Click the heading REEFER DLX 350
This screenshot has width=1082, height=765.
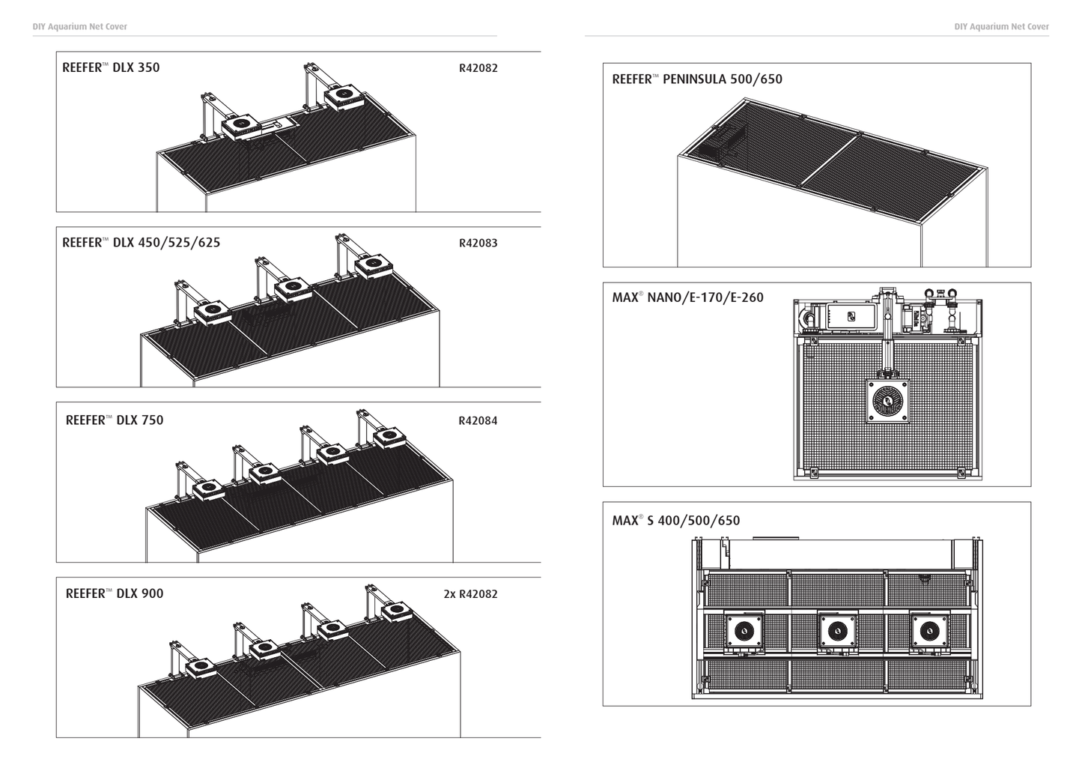click(x=111, y=67)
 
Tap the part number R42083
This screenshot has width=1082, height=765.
click(x=478, y=243)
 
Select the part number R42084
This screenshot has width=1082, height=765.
click(x=478, y=421)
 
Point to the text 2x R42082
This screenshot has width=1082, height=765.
click(x=470, y=594)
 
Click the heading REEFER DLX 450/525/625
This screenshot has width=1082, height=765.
click(x=141, y=243)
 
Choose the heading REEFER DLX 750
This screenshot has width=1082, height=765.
click(x=114, y=420)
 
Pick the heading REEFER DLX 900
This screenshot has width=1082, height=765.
click(x=114, y=594)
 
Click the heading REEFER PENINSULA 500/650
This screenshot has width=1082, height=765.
click(x=696, y=79)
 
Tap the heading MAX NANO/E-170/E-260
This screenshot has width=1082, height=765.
click(x=687, y=297)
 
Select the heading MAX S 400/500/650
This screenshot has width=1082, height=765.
click(x=675, y=521)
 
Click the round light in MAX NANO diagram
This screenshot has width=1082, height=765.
click(x=889, y=402)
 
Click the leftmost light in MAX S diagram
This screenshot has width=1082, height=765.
click(x=744, y=631)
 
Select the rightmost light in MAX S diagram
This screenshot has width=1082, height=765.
click(x=929, y=631)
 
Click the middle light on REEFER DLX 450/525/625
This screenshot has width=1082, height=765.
click(x=293, y=287)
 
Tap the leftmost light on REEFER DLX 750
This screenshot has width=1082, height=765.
click(x=209, y=488)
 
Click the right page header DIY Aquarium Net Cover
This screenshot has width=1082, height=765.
click(x=1001, y=27)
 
